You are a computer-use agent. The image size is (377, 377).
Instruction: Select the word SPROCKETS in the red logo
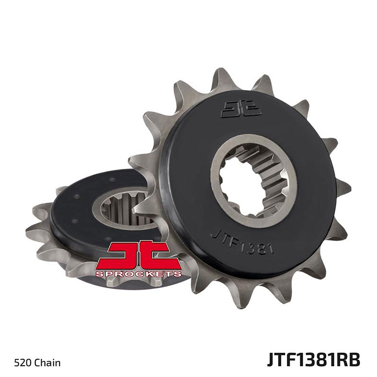[x=139, y=274]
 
